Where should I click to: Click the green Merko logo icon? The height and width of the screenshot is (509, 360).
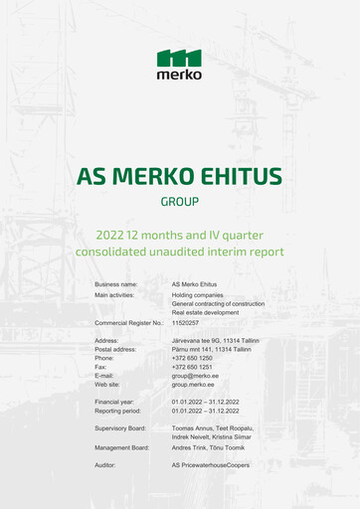(179, 57)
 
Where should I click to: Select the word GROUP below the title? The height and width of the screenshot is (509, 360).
(179, 202)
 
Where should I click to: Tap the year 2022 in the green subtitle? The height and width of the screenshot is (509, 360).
(109, 236)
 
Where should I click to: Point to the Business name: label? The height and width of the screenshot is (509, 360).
(116, 284)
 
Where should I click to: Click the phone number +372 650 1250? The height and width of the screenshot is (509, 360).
(192, 358)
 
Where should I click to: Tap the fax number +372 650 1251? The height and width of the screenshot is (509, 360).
(192, 367)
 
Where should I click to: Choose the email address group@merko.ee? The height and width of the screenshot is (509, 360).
(196, 376)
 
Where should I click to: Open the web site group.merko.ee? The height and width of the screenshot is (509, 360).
(194, 384)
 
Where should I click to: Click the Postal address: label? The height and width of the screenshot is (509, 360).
(118, 349)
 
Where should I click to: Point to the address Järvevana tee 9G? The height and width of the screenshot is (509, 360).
(196, 340)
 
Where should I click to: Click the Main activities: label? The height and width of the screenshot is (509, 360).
(116, 294)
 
